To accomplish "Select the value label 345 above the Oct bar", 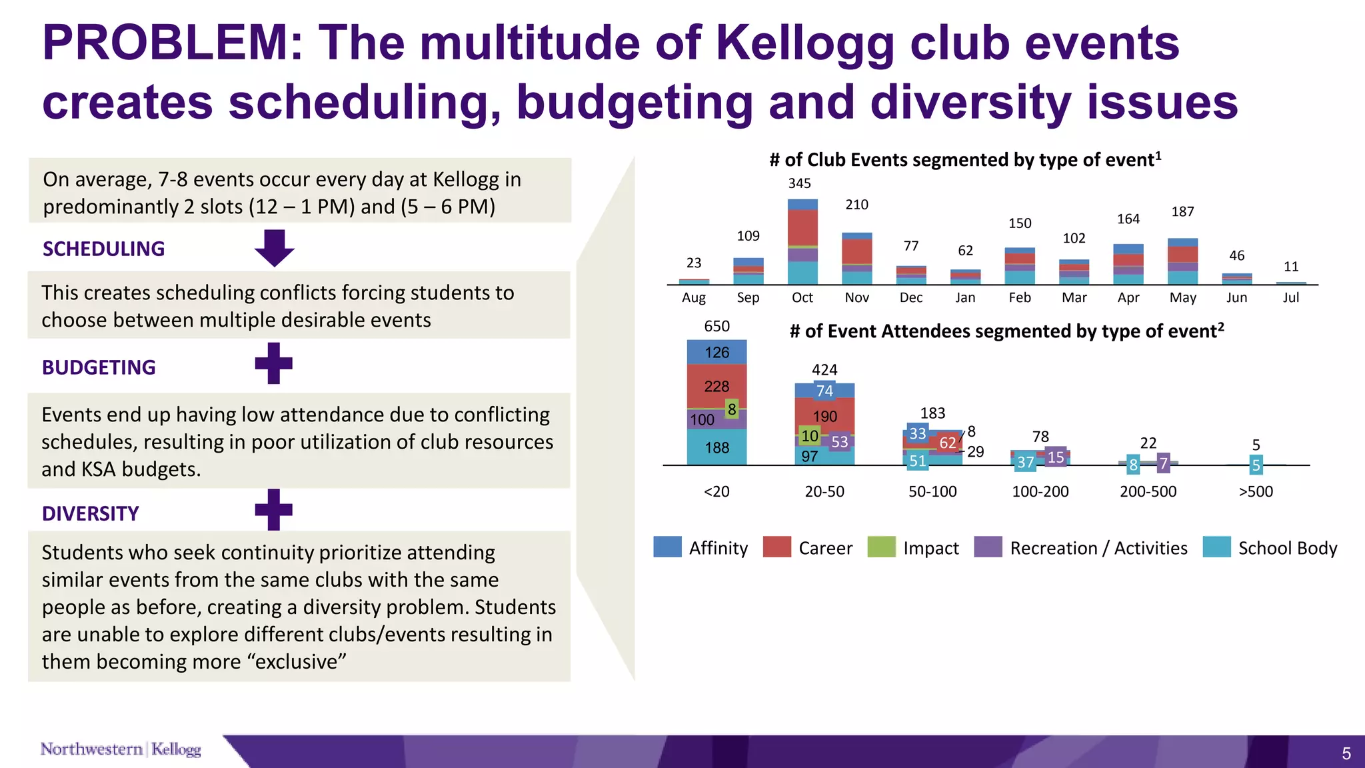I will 799,183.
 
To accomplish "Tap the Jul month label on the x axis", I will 1290,298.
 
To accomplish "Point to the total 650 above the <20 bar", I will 716,327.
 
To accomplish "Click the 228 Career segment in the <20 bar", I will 716,386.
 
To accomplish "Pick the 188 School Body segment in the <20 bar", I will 716,448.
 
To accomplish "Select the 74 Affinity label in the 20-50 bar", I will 824,391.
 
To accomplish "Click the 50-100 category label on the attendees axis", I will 932,492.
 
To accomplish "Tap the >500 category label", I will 1255,492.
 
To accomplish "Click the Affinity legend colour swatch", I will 667,547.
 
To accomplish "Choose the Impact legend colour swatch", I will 881,547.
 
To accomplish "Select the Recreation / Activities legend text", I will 1098,549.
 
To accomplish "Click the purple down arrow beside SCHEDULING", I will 274,248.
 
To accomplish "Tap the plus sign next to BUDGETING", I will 274,363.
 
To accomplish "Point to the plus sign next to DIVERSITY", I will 274,510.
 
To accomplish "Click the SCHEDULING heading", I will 103,249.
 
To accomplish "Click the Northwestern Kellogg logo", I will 121,749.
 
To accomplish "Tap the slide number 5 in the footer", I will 1346,754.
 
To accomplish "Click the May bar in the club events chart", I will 1182,261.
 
